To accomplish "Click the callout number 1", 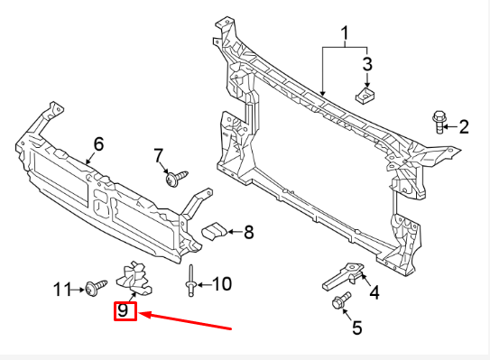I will (x=344, y=35).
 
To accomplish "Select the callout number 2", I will (x=464, y=126).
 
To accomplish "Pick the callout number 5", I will (x=357, y=328).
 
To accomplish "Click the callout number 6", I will (x=98, y=143).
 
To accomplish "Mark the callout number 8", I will (x=248, y=232).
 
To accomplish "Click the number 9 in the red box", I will (x=124, y=313).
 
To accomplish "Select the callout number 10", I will (x=221, y=284).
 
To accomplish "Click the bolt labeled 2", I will (x=439, y=119).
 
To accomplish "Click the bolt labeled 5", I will (x=342, y=301).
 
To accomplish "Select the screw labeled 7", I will (x=173, y=179).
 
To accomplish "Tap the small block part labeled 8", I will (x=214, y=230).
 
